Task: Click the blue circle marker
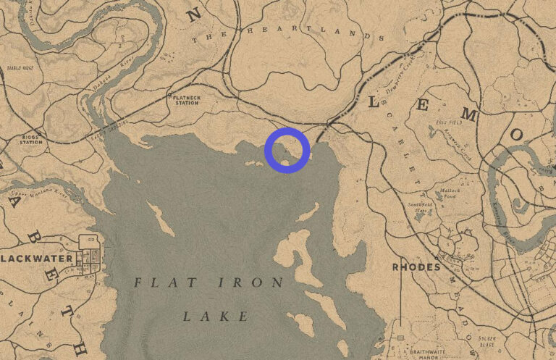[x=287, y=150]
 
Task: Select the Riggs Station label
[x=30, y=139]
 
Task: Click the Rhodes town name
[x=416, y=267]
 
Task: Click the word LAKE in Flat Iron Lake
[x=216, y=317]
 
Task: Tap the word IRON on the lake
[x=247, y=282]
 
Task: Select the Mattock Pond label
[x=445, y=193]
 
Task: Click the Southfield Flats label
[x=419, y=207]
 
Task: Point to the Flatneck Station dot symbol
[x=169, y=94]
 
